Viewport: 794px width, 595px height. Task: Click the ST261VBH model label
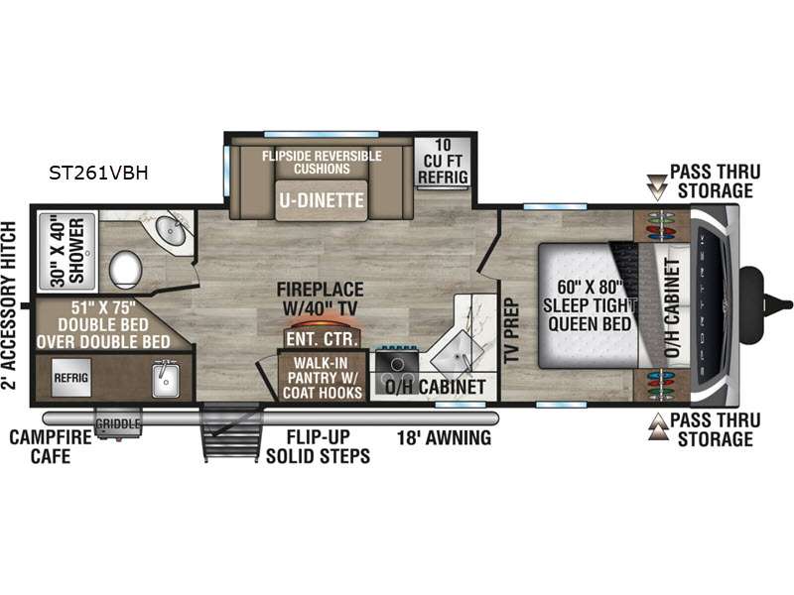[x=98, y=173]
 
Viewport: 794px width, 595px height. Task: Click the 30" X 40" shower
[x=67, y=252]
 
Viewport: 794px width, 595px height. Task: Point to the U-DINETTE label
[x=322, y=200]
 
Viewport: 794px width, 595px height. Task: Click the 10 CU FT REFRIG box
[x=443, y=162]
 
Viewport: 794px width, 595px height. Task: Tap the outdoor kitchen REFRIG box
[x=70, y=378]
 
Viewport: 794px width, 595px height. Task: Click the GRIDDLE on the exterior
[x=118, y=424]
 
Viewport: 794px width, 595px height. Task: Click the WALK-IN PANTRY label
[x=322, y=378]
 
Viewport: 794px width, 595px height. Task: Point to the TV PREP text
[x=511, y=331]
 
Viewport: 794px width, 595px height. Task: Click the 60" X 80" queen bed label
[x=590, y=305]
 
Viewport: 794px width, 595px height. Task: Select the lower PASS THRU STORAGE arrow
[x=658, y=426]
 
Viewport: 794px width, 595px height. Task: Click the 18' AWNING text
[x=444, y=437]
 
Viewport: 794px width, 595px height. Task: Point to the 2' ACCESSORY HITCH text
[x=9, y=305]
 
